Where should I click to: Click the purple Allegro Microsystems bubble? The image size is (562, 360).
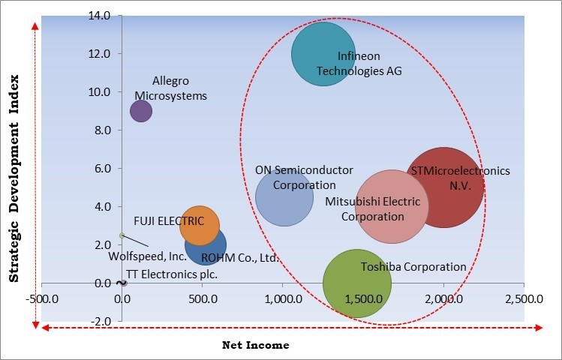[141, 111]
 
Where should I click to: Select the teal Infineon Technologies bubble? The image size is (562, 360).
[323, 54]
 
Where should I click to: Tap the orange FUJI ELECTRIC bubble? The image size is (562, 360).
[200, 225]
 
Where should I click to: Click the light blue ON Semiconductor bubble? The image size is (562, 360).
[284, 197]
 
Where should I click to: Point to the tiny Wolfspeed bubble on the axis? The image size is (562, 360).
[122, 235]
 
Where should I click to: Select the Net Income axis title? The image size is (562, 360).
[256, 345]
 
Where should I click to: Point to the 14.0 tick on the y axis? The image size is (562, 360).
[100, 16]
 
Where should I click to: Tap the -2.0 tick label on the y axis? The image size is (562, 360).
[100, 321]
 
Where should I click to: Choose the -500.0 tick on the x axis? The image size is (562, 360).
[44, 298]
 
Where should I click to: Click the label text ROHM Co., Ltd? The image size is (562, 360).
[240, 258]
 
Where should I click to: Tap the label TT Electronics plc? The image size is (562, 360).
[172, 274]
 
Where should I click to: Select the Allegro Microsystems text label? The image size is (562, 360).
[170, 88]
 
